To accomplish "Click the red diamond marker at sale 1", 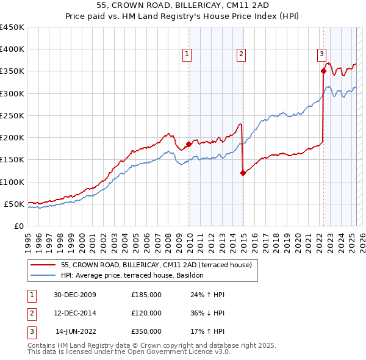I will point(189,144).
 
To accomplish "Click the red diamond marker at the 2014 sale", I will point(243,173).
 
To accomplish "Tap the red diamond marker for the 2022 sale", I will point(323,71).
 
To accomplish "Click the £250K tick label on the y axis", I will point(12,115).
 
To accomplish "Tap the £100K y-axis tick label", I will point(12,182).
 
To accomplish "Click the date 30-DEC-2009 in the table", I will point(75,295).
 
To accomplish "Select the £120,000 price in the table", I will point(146,313).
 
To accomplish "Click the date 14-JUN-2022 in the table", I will point(76,331).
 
